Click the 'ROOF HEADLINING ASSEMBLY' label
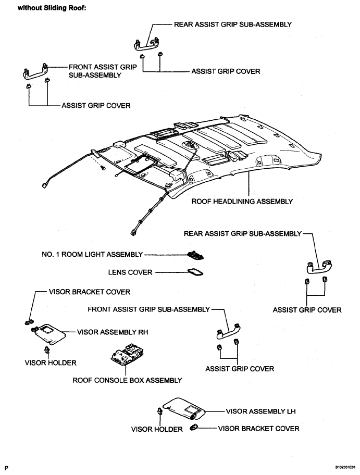point(242,202)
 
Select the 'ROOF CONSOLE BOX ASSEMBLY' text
point(127,380)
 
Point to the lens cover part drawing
point(195,272)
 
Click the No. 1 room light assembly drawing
point(195,255)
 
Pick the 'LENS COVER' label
point(130,272)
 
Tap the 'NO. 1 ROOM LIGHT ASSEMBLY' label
point(92,255)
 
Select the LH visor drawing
point(184,409)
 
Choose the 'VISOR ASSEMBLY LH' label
point(260,411)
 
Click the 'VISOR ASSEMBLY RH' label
point(113,332)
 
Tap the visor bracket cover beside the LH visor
point(193,428)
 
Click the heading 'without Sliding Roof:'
point(52,8)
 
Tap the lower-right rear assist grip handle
point(318,267)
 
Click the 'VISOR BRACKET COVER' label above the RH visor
point(90,292)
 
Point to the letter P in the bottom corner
point(7,468)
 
